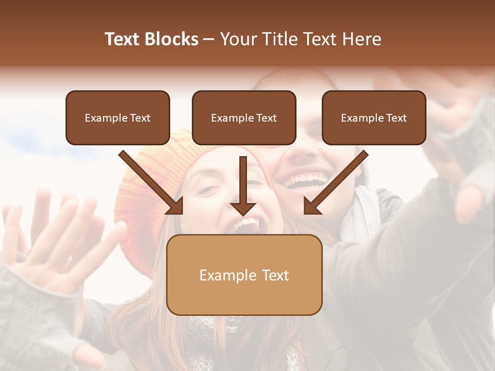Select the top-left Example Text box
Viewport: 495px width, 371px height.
(x=118, y=118)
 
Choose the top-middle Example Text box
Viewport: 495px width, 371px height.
(x=244, y=118)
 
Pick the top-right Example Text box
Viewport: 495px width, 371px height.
(x=374, y=118)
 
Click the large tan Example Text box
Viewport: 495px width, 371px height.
(x=244, y=275)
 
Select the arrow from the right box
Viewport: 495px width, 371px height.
(x=336, y=182)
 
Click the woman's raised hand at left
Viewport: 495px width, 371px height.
(x=57, y=242)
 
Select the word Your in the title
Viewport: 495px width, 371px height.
(x=239, y=39)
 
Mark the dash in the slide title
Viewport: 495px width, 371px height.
(x=209, y=39)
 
